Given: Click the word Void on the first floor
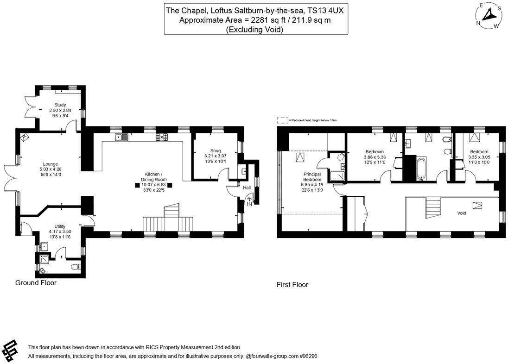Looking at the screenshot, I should point(461,213).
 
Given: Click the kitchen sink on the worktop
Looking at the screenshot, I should point(122,137).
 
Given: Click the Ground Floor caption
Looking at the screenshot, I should point(36,282).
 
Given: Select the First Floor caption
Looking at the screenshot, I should point(292,285).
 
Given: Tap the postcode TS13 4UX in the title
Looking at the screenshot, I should point(324,10).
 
